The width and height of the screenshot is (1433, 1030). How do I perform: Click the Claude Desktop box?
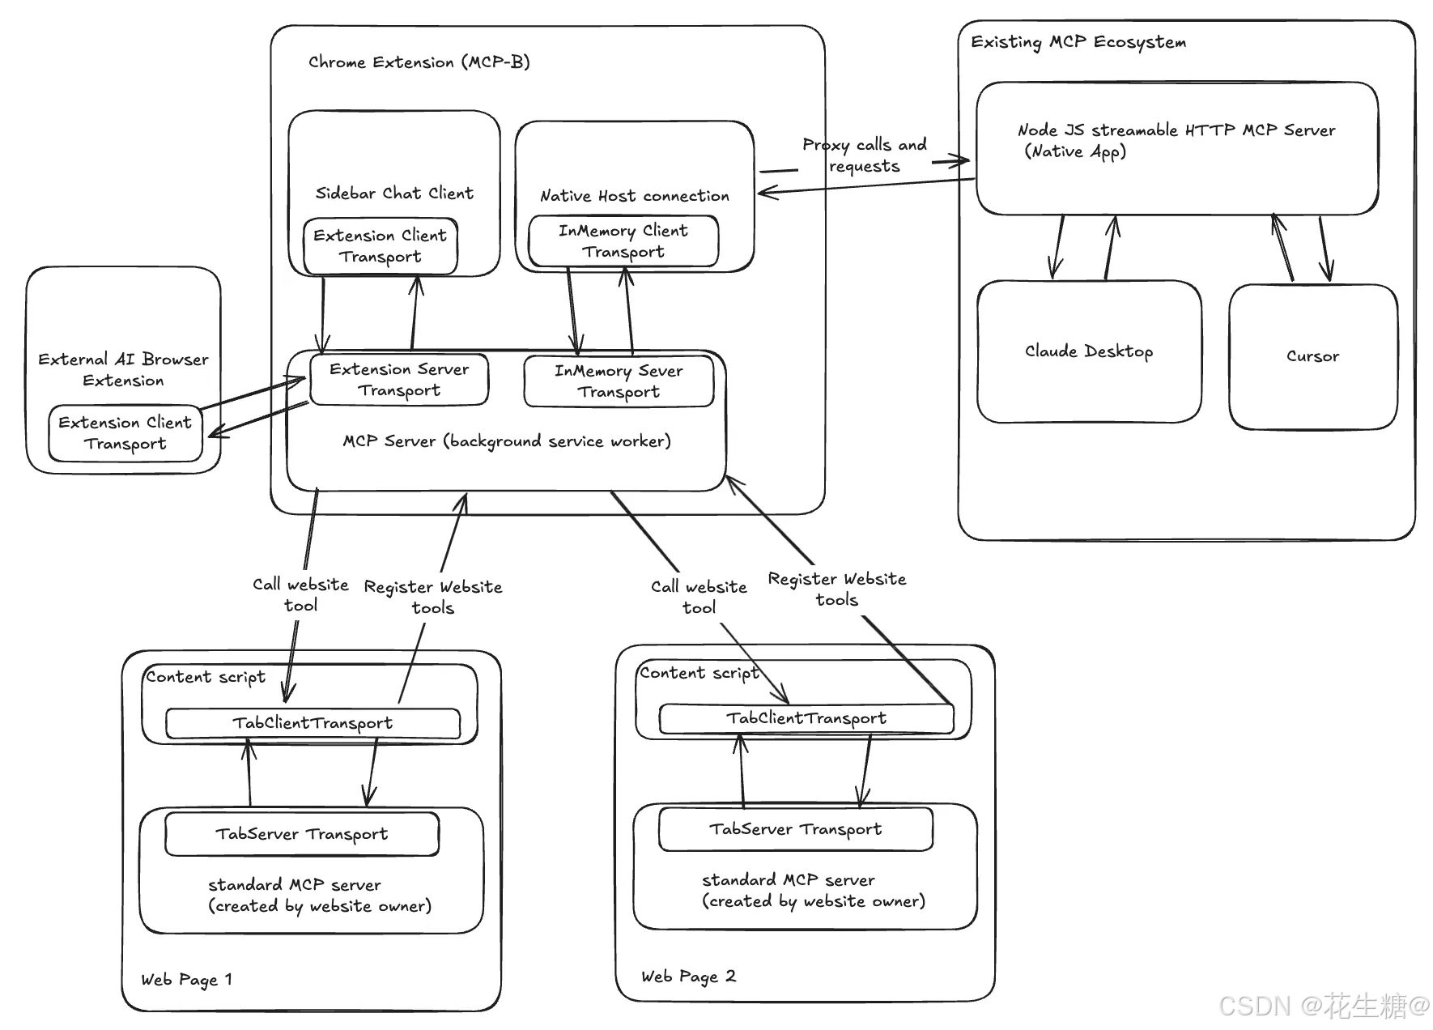[x=1089, y=351]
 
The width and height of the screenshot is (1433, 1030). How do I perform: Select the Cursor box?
[x=1313, y=356]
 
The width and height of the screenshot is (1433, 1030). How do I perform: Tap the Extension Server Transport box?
[x=399, y=379]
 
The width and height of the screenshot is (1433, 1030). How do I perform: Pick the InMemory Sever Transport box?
[x=619, y=381]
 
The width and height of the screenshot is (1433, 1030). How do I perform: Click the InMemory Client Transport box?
[x=623, y=241]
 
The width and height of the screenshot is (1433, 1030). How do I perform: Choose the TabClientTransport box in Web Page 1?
[x=313, y=723]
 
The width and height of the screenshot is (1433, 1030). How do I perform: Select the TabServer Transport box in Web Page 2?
[x=796, y=829]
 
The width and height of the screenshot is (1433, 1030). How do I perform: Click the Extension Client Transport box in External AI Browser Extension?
[x=125, y=433]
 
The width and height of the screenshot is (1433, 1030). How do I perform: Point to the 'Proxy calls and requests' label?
[x=865, y=155]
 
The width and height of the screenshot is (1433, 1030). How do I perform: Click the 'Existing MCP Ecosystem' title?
[x=1078, y=42]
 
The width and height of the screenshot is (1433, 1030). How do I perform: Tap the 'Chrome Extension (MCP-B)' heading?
[x=419, y=62]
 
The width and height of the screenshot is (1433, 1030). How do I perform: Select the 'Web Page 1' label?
[x=186, y=980]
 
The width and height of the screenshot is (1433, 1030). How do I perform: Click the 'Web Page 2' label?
[x=688, y=977]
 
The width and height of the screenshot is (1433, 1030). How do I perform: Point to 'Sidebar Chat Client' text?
[x=394, y=194]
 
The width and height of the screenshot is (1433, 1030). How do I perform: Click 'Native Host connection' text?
[x=635, y=196]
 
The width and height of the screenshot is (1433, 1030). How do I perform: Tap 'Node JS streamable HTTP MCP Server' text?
[x=1176, y=130]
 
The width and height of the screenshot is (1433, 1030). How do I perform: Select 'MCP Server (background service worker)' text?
[x=507, y=441]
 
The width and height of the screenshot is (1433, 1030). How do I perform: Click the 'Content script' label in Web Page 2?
[x=699, y=673]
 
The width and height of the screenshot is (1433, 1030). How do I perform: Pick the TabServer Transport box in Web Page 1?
[x=302, y=834]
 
